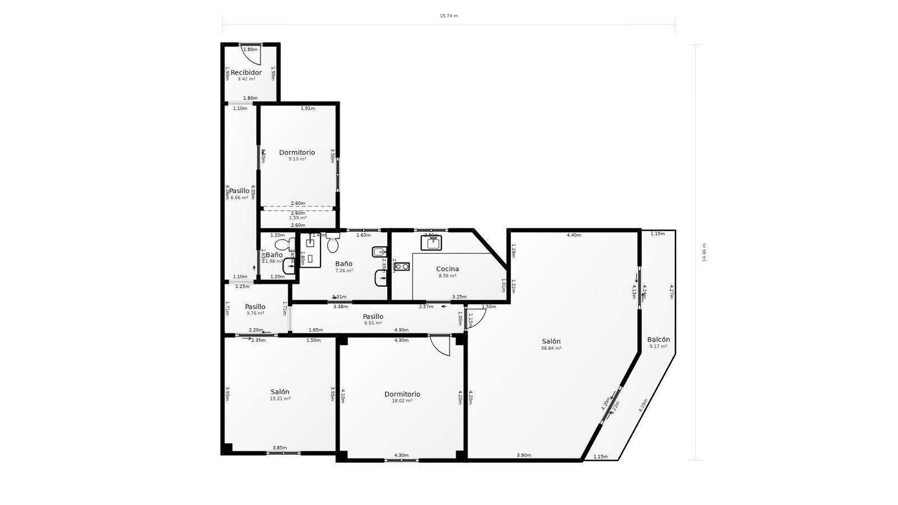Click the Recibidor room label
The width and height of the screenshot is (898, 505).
[x=246, y=72]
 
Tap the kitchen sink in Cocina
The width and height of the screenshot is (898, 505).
[x=431, y=243]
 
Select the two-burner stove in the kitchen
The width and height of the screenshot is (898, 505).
[x=401, y=267]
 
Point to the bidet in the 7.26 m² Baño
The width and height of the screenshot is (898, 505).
[x=379, y=251]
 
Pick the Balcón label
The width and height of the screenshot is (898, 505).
[x=658, y=339]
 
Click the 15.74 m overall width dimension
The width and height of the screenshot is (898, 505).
[x=448, y=16]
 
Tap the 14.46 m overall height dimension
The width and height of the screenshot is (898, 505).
[x=704, y=252]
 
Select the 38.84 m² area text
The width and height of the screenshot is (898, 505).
[x=551, y=348]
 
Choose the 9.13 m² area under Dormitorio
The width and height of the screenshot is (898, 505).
[x=297, y=159]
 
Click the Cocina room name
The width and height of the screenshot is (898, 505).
[x=447, y=269]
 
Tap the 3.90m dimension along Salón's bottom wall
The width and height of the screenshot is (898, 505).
[x=524, y=456]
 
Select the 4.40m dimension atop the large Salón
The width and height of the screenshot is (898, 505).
[x=574, y=235]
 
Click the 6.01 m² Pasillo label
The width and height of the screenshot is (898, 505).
[x=373, y=316]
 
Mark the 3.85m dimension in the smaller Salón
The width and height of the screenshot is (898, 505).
[x=280, y=448]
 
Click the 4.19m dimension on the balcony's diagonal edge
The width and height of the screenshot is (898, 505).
[x=643, y=405]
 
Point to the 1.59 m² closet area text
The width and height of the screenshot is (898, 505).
[x=297, y=218]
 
